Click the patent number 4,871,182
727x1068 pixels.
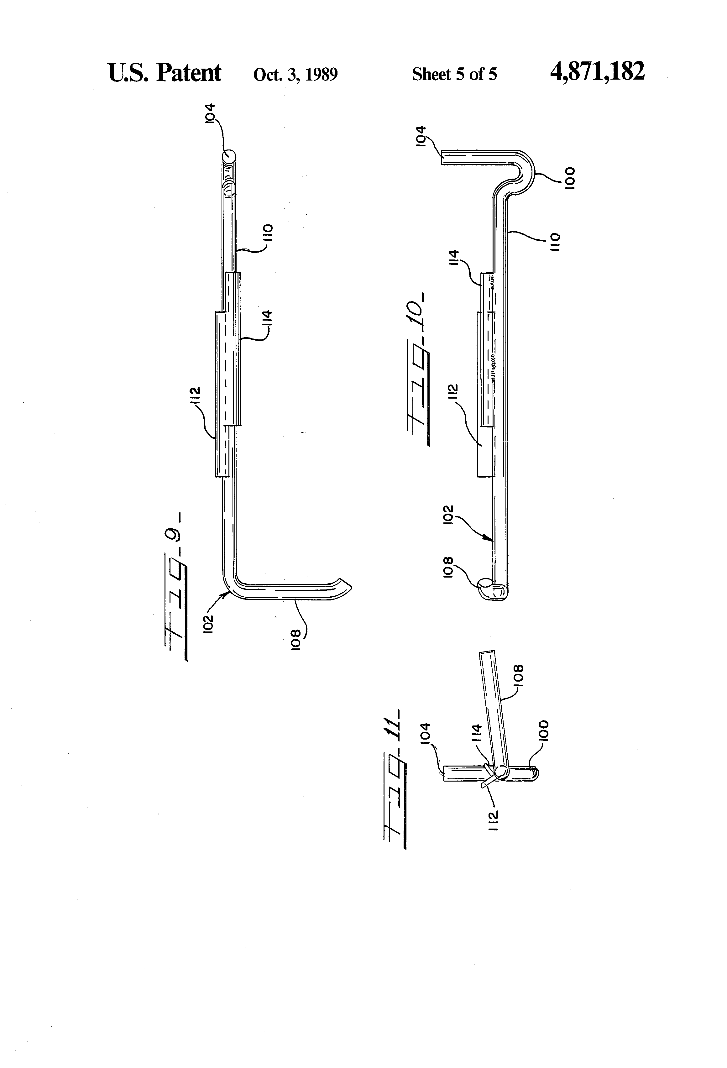597,72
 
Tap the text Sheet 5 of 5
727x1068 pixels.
454,75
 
